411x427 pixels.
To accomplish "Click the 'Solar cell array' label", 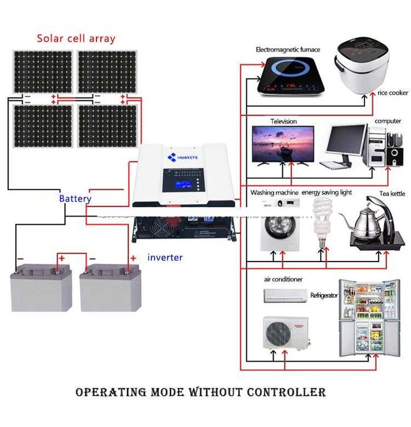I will [x=76, y=38].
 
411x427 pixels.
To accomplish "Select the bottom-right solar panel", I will [x=107, y=126].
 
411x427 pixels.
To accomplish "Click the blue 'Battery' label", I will [x=75, y=199].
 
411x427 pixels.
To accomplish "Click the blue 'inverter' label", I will [x=165, y=257].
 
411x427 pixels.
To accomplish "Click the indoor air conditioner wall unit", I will [x=285, y=295].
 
